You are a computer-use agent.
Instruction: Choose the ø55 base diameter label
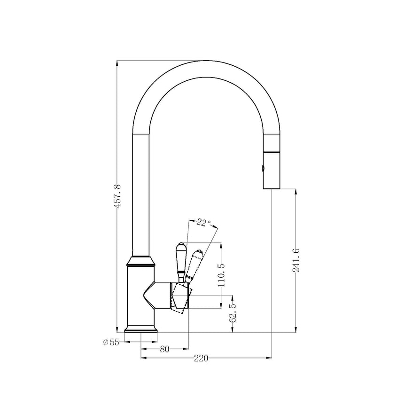tap(111, 342)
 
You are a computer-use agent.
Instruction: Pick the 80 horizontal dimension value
tap(164, 349)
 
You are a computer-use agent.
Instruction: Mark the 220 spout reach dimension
tap(201, 358)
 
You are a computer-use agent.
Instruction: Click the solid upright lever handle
tap(180, 259)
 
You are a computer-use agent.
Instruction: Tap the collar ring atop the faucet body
tap(141, 261)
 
